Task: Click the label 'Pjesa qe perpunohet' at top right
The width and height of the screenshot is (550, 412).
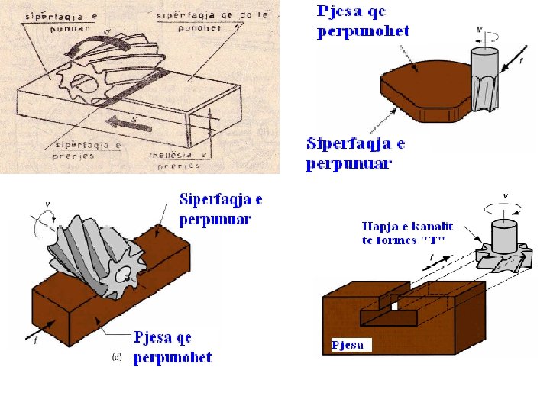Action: (x=363, y=21)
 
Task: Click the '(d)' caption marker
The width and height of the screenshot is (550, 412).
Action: (x=117, y=356)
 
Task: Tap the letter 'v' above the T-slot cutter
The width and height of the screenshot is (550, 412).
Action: (x=505, y=195)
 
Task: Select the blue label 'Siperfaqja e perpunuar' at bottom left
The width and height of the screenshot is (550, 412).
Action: (x=221, y=209)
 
